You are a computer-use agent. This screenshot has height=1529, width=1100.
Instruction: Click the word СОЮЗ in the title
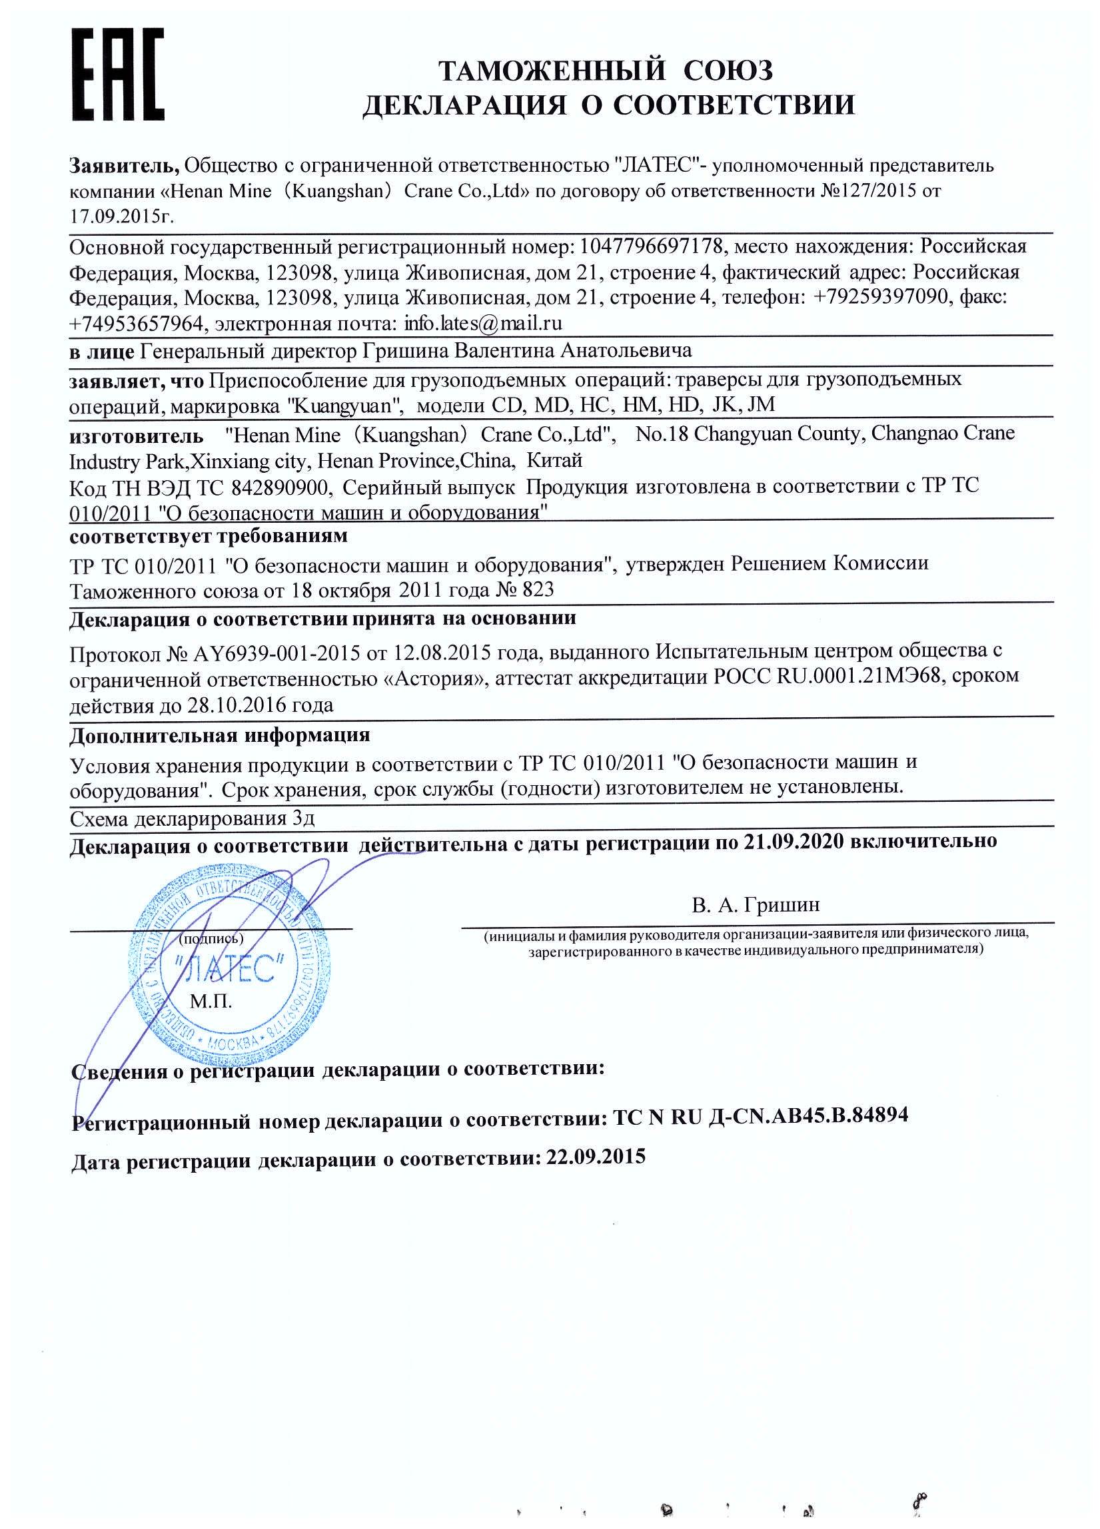click(727, 70)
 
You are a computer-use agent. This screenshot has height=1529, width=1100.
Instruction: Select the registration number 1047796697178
click(652, 246)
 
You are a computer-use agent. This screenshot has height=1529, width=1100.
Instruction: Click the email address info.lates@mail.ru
click(483, 324)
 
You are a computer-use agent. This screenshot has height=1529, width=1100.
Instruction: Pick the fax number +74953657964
click(135, 324)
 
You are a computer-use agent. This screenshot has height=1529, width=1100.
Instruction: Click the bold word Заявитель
click(124, 164)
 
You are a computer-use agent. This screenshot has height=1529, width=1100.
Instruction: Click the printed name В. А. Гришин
click(756, 905)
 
